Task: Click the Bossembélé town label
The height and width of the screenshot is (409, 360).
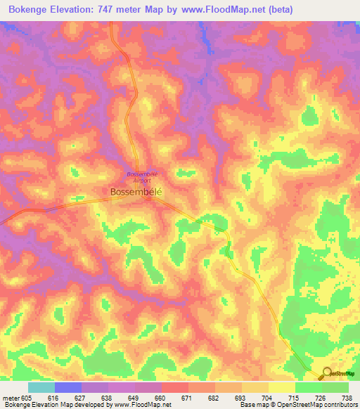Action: point(137,191)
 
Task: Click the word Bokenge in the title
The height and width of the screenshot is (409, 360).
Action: point(31,9)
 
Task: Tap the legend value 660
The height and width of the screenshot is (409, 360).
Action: point(161,397)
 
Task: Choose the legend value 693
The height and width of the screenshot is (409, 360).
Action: point(241,397)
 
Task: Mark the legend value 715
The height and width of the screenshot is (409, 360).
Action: point(295,397)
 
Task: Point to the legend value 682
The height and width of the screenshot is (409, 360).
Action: point(214,397)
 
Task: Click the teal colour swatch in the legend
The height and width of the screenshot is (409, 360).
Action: point(41,387)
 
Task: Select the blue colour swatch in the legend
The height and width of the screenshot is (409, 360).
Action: point(67,387)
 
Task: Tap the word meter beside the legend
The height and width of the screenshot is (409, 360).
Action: point(10,397)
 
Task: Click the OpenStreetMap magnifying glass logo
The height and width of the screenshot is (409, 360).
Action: point(327,374)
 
